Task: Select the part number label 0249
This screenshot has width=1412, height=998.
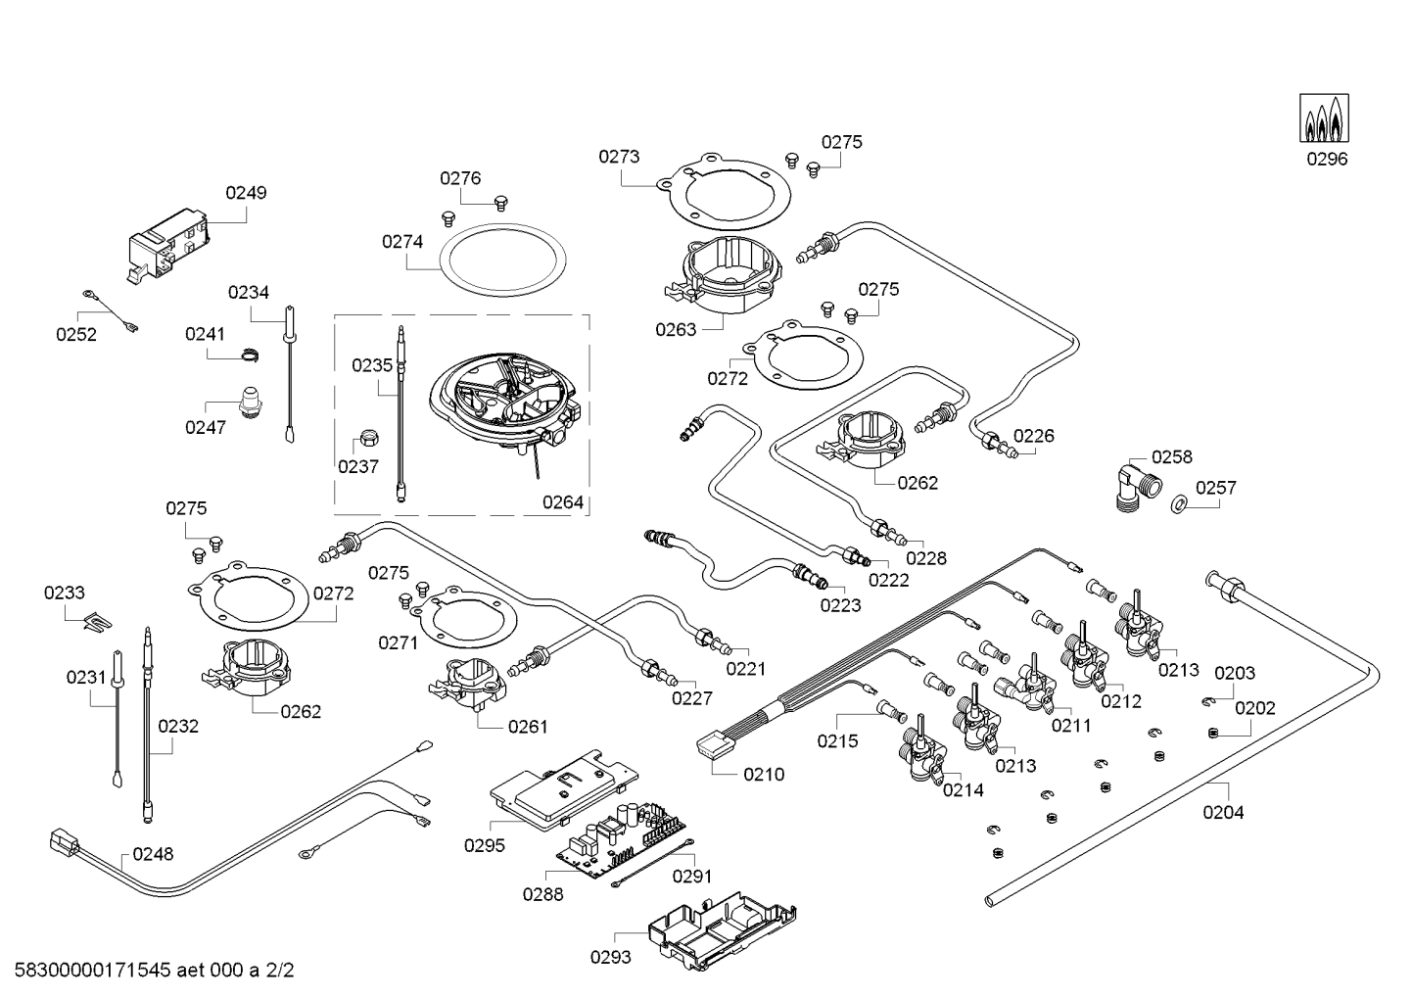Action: tap(246, 193)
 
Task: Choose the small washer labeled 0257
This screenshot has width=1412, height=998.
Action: tap(1180, 504)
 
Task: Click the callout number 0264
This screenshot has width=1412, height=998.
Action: tap(562, 502)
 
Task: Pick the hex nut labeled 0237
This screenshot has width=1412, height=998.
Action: tap(370, 437)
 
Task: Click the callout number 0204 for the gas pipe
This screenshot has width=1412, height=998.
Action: tap(1223, 812)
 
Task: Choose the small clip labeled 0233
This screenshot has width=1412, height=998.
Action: tap(96, 619)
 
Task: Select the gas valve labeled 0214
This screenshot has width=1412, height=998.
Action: tap(920, 754)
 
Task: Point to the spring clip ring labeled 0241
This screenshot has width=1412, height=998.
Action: tap(251, 354)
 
